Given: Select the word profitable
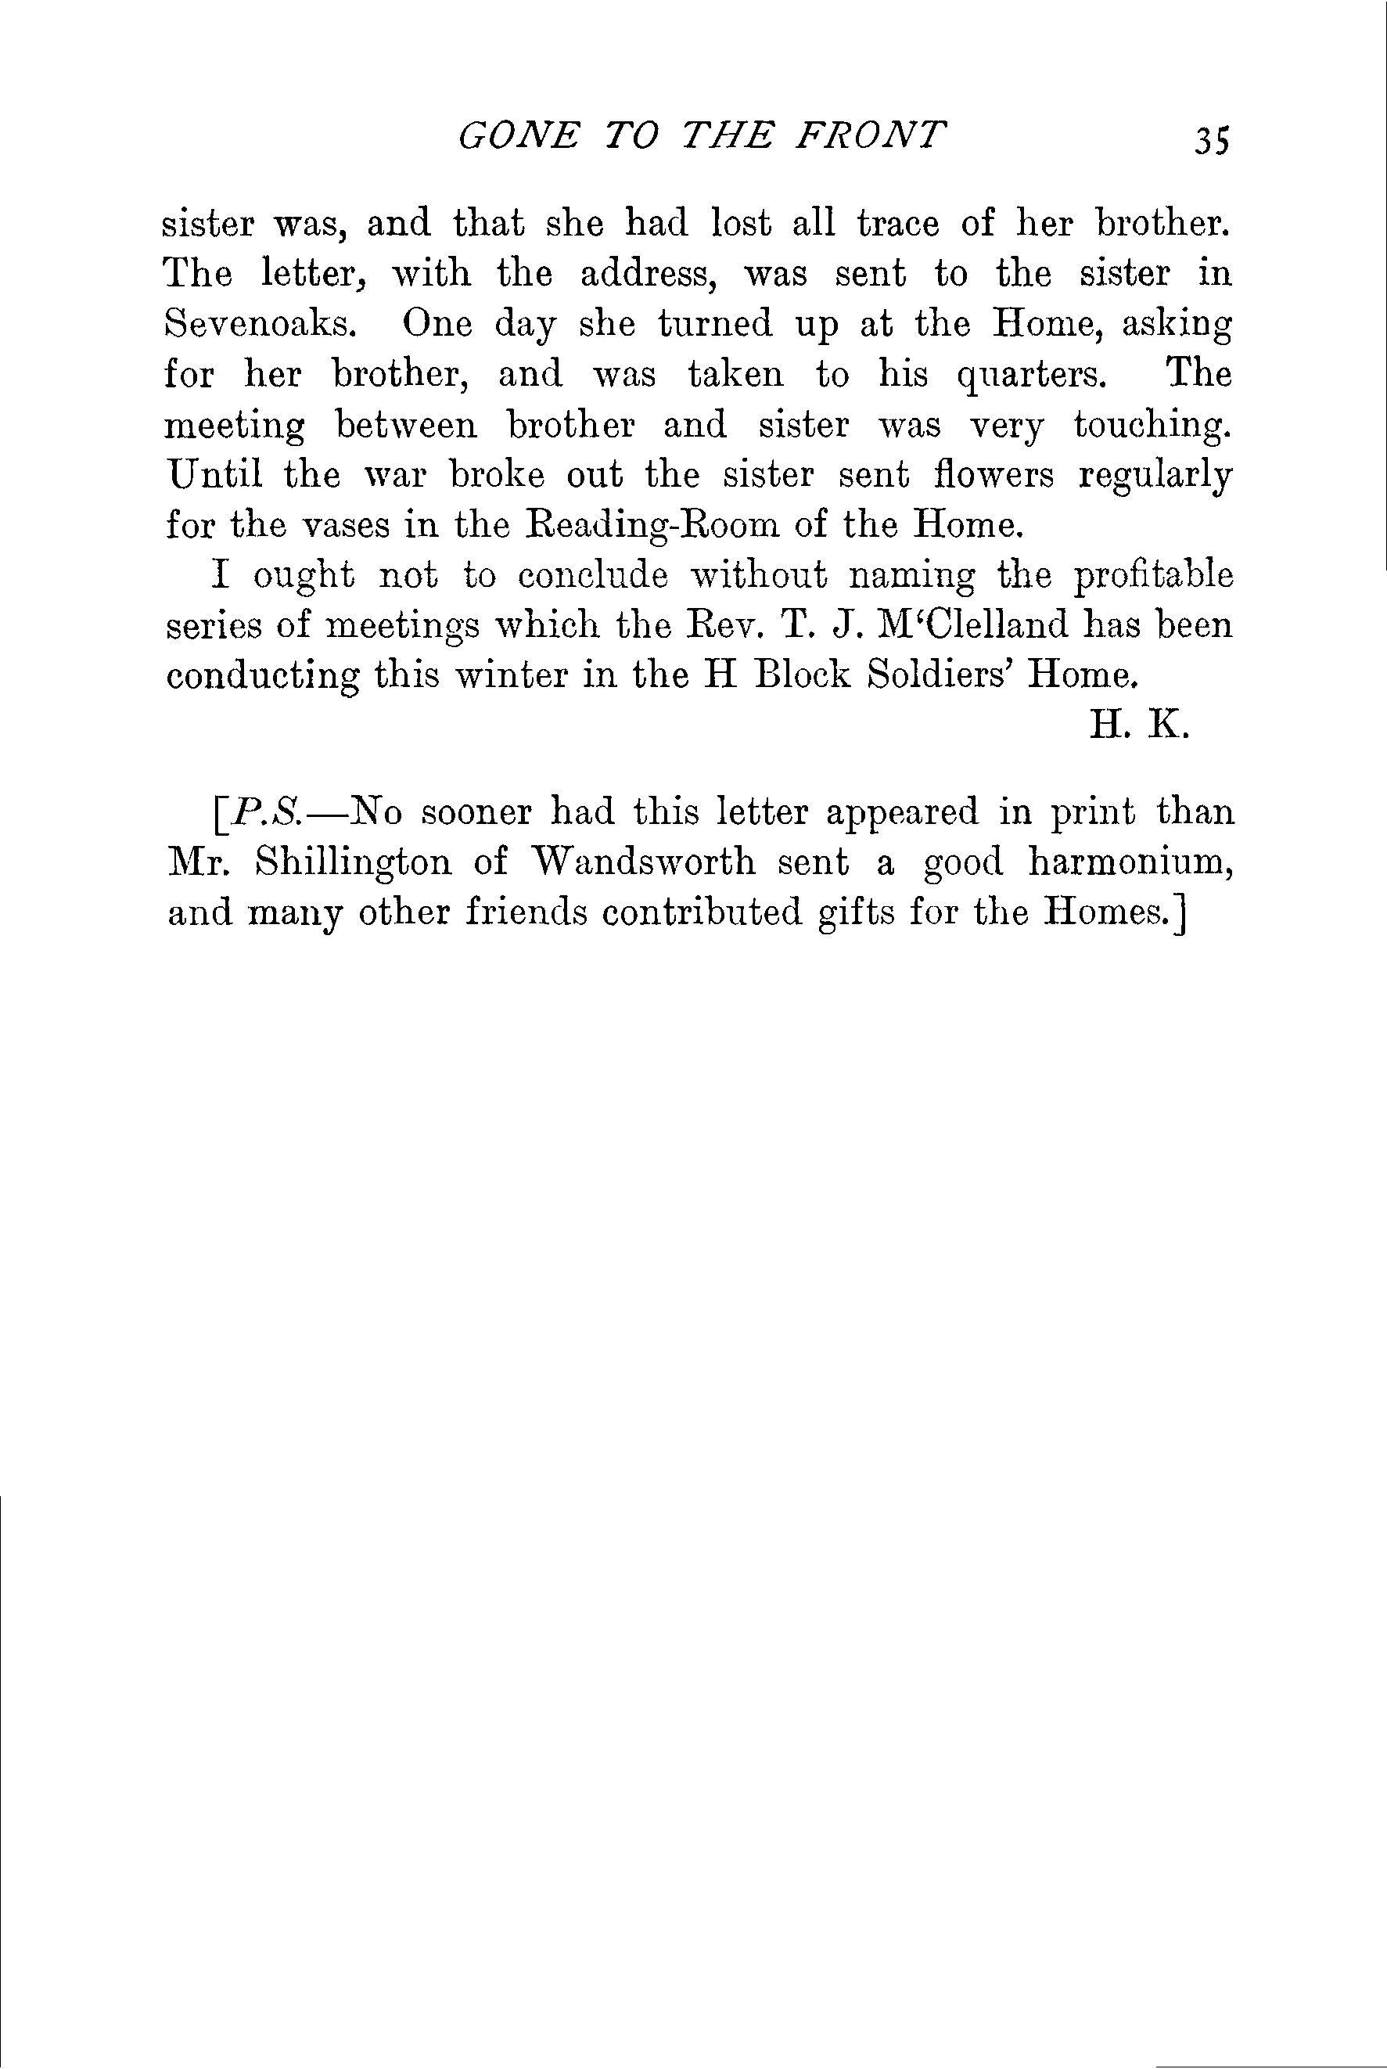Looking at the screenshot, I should pyautogui.click(x=1153, y=576).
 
